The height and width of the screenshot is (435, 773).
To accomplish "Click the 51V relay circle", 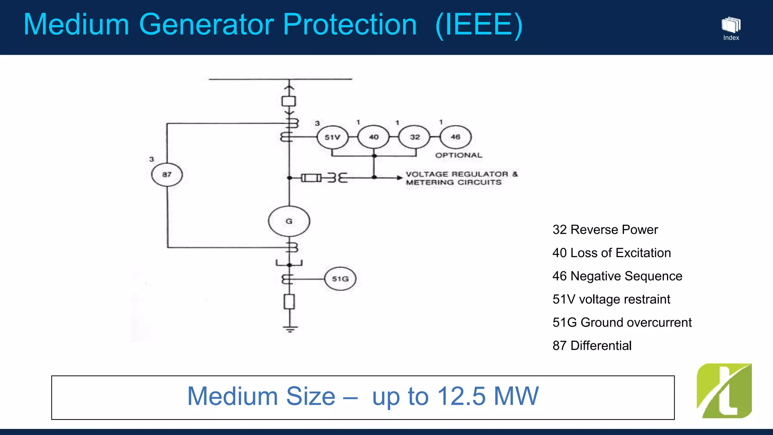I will [x=332, y=137].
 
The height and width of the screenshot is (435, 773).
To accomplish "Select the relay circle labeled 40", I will [x=374, y=137].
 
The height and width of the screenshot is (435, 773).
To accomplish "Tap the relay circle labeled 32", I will [x=414, y=137].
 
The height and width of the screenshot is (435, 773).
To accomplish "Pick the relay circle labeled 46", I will [x=456, y=137].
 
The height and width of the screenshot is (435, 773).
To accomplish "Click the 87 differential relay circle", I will [x=167, y=174].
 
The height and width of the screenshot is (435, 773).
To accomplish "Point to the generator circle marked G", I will [x=289, y=221].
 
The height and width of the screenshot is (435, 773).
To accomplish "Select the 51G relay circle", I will [x=340, y=279].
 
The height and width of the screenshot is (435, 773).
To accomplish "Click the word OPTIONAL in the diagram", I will [x=459, y=155].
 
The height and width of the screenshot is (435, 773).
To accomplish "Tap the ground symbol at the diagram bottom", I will [x=290, y=329].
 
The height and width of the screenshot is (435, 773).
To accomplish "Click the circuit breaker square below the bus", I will [x=289, y=101].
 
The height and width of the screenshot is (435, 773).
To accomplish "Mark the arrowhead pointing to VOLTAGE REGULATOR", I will [x=400, y=177].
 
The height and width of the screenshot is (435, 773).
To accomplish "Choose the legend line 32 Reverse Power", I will [x=605, y=230].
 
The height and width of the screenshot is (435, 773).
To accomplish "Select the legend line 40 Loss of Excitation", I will [x=611, y=253].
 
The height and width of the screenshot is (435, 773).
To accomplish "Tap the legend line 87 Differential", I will [x=592, y=346].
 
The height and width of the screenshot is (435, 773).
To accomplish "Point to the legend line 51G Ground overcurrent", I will [x=622, y=322].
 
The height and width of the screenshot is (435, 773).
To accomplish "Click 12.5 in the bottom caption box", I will [x=461, y=396].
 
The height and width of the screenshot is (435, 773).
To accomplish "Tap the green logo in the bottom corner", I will [x=724, y=391].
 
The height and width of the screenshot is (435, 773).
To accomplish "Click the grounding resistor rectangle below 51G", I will [x=289, y=302].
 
